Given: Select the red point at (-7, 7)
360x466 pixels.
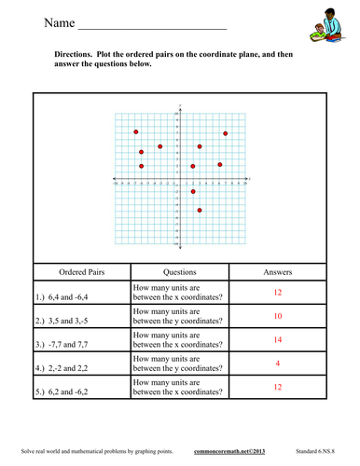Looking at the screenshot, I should (x=136, y=132).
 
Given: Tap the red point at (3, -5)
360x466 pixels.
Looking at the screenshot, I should (x=200, y=211).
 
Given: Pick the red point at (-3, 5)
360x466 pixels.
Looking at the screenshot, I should (x=160, y=146).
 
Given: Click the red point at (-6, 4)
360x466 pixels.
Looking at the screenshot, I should (x=141, y=152).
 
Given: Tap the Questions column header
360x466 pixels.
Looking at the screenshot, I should (x=178, y=272).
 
